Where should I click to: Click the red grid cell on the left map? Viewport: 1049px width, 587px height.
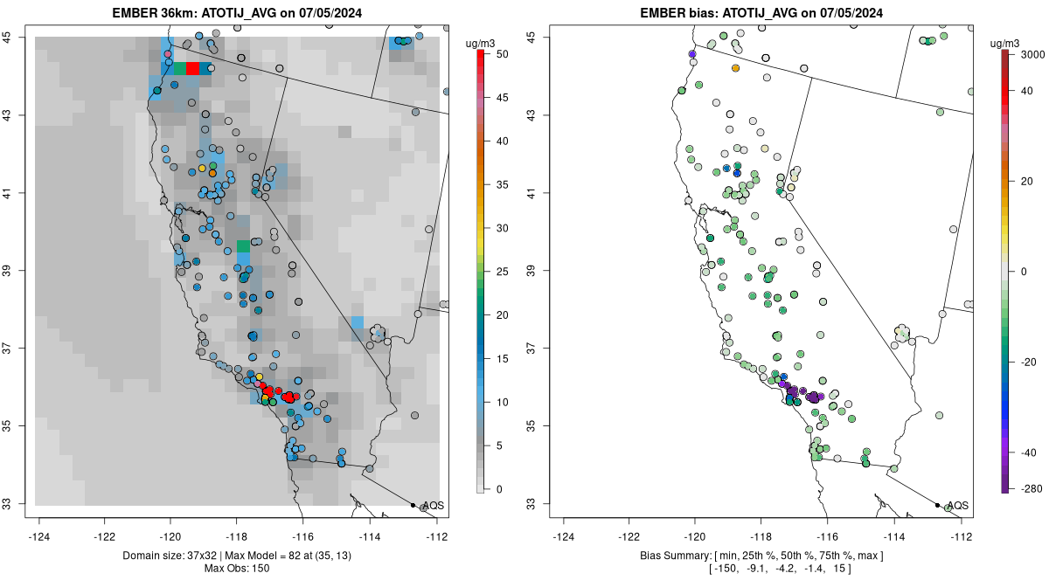tap(192, 68)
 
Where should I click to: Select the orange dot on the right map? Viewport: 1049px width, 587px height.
tap(735, 68)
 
